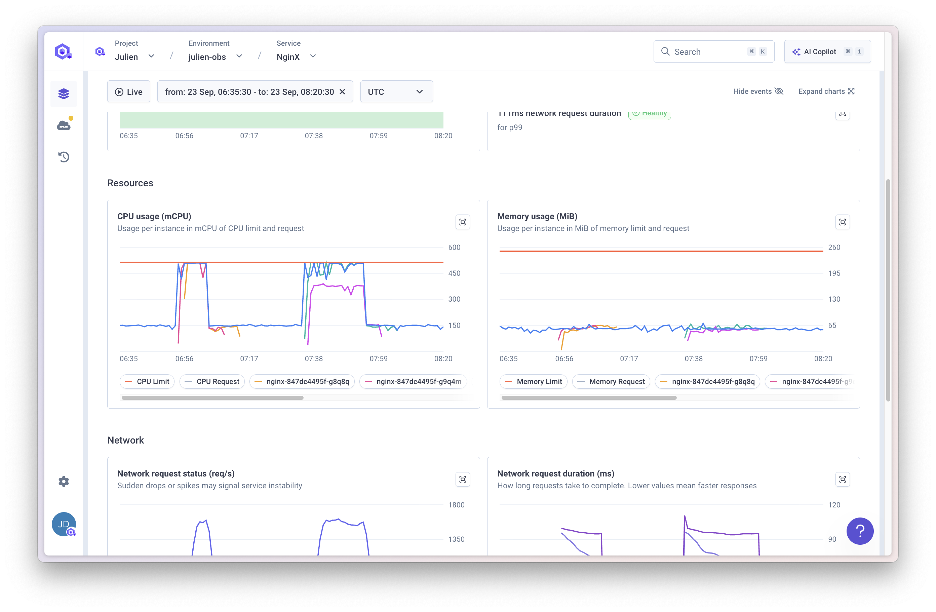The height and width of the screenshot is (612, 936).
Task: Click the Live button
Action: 129,92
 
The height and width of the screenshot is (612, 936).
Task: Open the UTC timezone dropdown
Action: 396,92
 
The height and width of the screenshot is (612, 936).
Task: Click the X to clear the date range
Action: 342,92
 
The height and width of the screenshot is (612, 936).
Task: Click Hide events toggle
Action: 758,91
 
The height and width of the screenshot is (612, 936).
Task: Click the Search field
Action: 704,51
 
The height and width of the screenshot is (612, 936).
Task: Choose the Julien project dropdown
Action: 134,56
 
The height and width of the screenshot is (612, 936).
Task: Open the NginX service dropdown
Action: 296,56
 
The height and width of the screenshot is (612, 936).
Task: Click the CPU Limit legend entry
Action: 147,382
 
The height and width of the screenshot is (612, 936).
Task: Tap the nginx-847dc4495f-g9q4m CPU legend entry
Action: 413,382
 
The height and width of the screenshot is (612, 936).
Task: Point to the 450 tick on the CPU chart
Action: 454,273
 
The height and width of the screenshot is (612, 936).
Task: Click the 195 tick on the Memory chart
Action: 834,273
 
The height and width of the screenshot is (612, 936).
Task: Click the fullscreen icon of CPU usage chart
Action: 463,222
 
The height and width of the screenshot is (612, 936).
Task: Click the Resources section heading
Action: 130,183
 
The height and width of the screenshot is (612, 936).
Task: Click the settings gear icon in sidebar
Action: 64,482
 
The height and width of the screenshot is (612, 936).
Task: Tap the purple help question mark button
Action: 860,531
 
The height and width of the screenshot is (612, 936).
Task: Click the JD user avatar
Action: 64,524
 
